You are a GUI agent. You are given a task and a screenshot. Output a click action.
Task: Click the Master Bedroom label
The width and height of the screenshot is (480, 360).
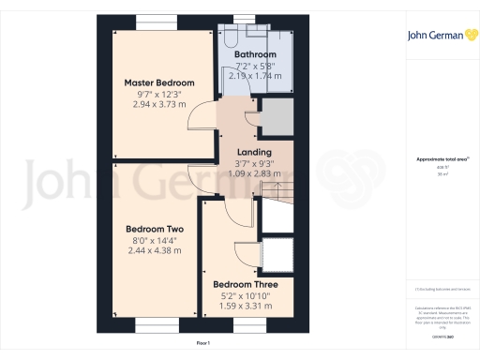(x=160, y=82)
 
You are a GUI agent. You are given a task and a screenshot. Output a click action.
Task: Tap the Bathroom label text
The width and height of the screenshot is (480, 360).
(x=256, y=55)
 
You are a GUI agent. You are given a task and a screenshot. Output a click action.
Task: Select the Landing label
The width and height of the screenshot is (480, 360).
(x=254, y=152)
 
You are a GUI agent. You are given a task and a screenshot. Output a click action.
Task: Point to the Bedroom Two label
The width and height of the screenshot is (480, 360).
(x=155, y=229)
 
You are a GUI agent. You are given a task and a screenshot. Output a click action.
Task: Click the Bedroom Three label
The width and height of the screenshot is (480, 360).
(x=245, y=284)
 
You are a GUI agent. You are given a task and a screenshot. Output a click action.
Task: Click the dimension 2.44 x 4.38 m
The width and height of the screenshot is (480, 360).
(x=155, y=251)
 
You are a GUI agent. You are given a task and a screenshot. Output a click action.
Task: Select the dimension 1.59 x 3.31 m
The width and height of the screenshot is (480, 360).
(x=245, y=306)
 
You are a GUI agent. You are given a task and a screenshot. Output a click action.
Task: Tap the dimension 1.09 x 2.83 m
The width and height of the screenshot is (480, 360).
(x=254, y=173)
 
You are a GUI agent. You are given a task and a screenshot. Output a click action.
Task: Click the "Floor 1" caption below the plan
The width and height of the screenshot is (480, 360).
(x=203, y=345)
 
